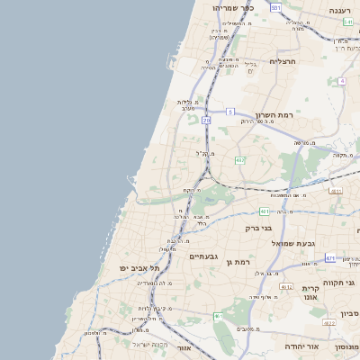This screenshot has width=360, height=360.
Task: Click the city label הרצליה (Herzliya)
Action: click(283, 61)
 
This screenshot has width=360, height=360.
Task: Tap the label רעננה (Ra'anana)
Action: click(340, 10)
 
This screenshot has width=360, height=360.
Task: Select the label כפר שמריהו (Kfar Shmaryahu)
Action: click(233, 8)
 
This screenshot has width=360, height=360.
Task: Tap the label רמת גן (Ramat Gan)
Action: click(235, 261)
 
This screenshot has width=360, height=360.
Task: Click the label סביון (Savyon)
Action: click(350, 312)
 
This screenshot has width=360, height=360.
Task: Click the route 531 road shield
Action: click(275, 7)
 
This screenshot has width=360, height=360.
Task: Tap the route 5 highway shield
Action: click(230, 112)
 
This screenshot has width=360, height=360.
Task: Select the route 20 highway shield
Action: click(206, 119)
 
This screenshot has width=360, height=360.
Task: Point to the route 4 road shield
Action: click(342, 81)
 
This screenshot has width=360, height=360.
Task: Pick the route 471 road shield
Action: click(330, 258)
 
